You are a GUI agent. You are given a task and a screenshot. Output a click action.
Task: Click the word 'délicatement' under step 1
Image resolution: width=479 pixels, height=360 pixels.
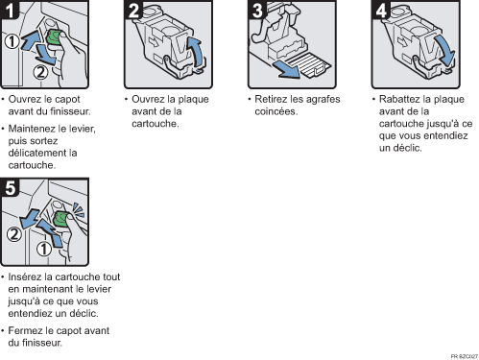(x=37, y=140)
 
